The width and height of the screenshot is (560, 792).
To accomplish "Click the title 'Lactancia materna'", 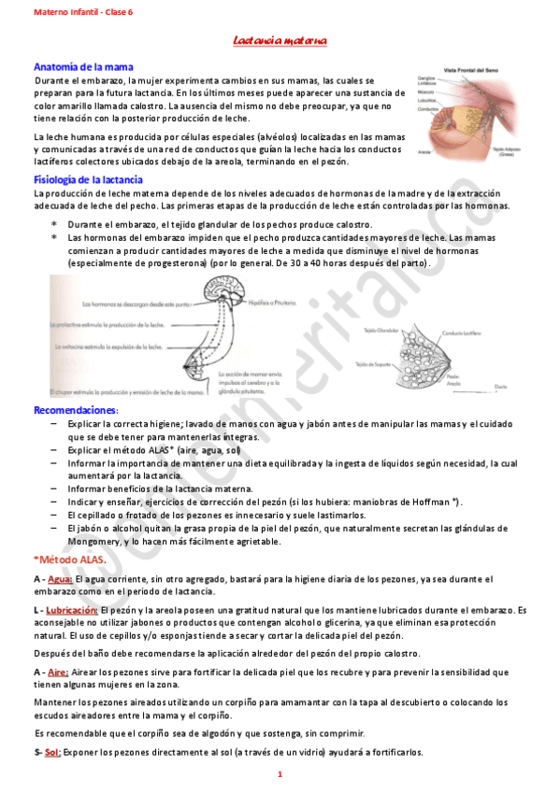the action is pyautogui.click(x=279, y=42).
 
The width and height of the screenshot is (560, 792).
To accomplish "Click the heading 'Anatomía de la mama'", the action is pyautogui.click(x=83, y=67).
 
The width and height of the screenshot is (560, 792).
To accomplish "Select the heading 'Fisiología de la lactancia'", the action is pyautogui.click(x=88, y=178).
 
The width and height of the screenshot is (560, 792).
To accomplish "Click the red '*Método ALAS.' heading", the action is pyautogui.click(x=70, y=559).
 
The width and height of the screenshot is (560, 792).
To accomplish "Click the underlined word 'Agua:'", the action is pyautogui.click(x=60, y=579).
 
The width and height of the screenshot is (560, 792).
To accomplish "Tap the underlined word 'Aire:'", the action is pyautogui.click(x=58, y=672).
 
